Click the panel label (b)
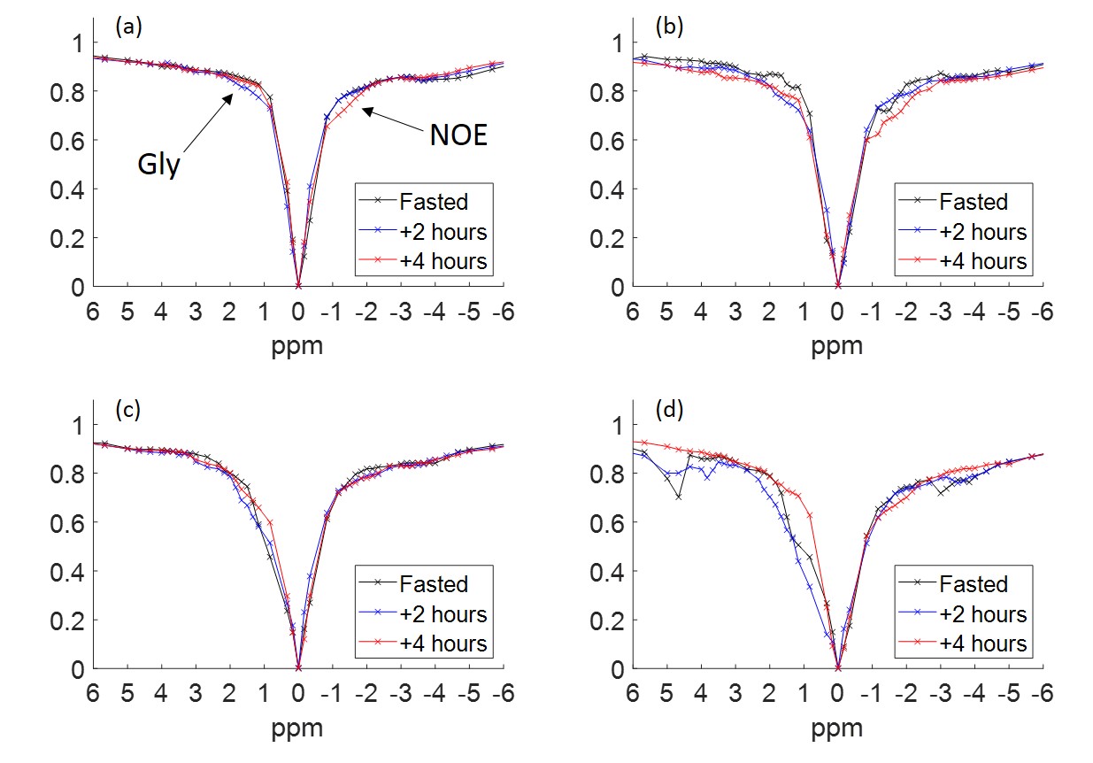click(x=668, y=27)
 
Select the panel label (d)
click(x=668, y=410)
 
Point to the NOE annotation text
click(x=458, y=135)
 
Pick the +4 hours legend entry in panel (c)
click(x=443, y=643)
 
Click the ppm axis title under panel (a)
click(x=297, y=345)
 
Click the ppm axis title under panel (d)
click(x=837, y=728)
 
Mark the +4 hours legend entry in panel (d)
click(x=982, y=643)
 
